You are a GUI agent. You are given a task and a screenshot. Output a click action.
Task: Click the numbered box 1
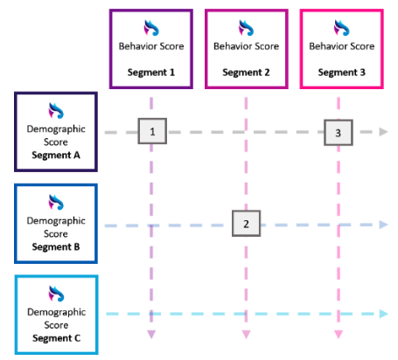click(152, 132)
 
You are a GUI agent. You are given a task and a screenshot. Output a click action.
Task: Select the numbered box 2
click(246, 224)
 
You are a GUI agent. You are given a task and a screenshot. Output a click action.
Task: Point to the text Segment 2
click(246, 72)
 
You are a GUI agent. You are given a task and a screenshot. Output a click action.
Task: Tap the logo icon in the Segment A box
click(56, 109)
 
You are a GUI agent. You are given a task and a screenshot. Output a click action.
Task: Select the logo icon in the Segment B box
click(56, 202)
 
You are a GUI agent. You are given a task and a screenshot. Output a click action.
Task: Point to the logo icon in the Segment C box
click(56, 293)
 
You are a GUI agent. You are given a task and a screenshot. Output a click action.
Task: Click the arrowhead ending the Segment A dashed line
click(383, 132)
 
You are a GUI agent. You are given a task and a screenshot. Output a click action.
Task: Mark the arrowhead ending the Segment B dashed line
click(383, 225)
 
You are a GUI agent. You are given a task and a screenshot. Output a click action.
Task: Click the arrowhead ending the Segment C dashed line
click(383, 314)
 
